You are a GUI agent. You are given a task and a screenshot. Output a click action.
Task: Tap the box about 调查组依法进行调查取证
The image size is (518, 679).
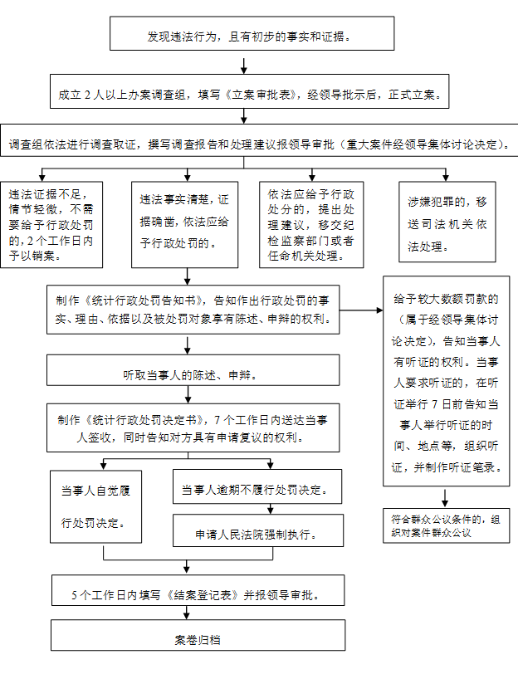[258, 143]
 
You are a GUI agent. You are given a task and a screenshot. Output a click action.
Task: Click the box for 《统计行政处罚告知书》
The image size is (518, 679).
[193, 310]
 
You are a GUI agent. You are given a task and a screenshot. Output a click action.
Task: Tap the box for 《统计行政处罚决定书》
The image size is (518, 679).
[193, 428]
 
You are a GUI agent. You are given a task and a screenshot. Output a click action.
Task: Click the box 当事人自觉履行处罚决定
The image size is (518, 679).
[92, 506]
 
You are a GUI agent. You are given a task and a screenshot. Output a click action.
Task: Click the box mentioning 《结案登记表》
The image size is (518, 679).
[198, 595]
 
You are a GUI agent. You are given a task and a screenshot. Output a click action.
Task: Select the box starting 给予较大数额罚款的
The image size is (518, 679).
[446, 379]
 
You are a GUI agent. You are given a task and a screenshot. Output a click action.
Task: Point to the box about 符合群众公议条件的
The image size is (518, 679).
[447, 525]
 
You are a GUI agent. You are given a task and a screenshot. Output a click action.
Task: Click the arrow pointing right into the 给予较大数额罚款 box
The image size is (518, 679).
[362, 310]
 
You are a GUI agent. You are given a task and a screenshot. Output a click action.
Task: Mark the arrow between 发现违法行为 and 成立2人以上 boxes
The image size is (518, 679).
[244, 65]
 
